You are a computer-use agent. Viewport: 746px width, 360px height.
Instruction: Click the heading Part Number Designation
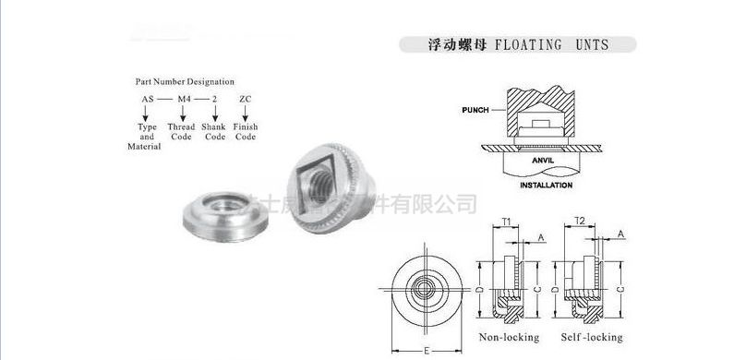pos(185,81)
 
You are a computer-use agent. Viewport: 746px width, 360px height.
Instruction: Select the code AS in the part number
pos(147,98)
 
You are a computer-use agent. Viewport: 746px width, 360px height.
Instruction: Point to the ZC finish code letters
pos(245,98)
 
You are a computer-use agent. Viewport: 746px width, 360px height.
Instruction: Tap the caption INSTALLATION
pos(546,185)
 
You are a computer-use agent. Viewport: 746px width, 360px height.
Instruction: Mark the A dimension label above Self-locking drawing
pos(621,234)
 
